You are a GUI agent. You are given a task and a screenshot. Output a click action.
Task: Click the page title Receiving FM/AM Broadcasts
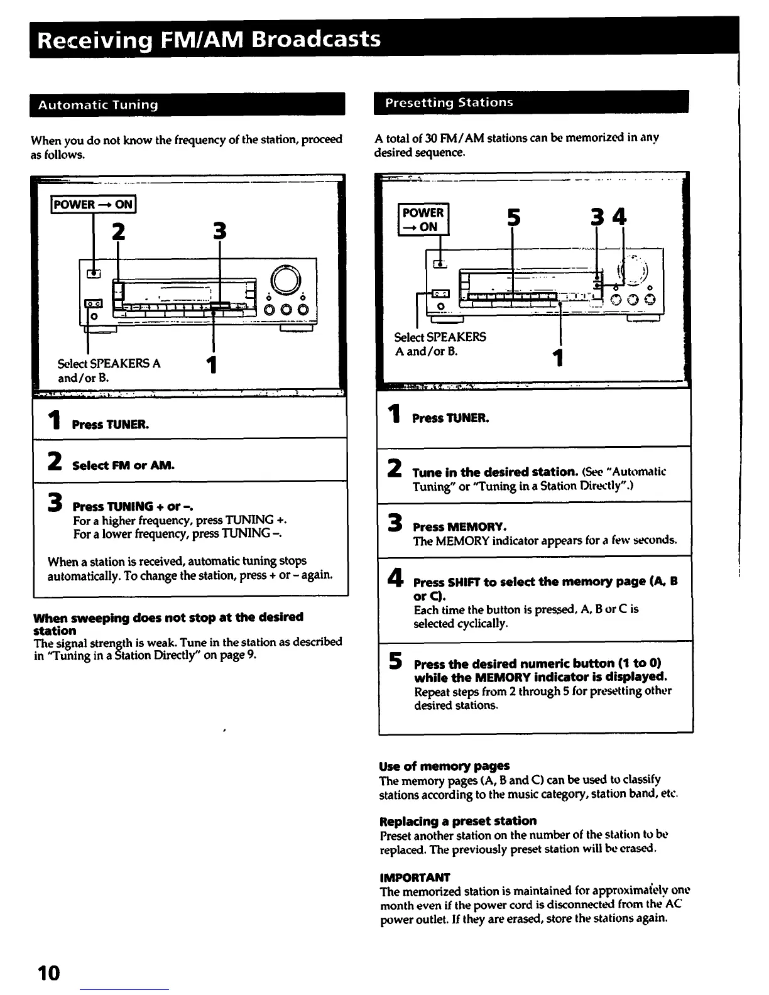click(x=209, y=39)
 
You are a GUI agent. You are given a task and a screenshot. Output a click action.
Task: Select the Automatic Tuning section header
click(x=98, y=105)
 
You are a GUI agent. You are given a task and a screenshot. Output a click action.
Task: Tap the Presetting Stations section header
click(x=449, y=102)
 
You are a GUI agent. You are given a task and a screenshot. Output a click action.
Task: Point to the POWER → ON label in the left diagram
click(x=93, y=205)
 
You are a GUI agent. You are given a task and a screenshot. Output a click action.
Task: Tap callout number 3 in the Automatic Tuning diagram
click(x=219, y=231)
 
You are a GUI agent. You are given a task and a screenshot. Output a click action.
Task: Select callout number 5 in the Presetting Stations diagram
click(x=513, y=217)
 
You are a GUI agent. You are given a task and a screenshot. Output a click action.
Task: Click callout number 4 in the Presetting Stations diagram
click(x=619, y=217)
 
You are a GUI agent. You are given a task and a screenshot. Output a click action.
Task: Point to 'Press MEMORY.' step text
click(x=459, y=526)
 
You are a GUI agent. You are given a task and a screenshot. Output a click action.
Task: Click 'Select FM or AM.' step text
click(x=123, y=465)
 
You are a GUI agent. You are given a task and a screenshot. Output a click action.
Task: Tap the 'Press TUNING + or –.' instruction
click(x=133, y=506)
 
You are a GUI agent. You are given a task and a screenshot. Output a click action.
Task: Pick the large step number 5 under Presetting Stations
click(x=395, y=661)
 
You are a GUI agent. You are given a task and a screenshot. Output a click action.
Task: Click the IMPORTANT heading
click(x=415, y=877)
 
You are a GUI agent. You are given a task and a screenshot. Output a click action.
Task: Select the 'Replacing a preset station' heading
click(x=458, y=821)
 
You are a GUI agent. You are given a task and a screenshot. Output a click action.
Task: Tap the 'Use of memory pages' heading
click(x=444, y=766)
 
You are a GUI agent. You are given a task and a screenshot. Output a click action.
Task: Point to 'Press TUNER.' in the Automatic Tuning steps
click(x=111, y=425)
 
